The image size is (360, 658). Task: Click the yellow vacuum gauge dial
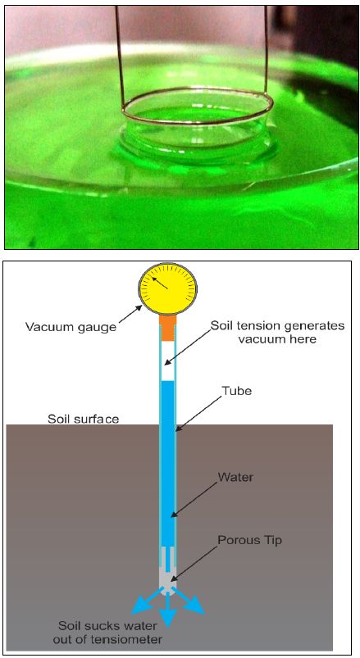coord(167,288)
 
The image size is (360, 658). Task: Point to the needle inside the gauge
coord(160,283)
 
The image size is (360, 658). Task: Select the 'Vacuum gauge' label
coord(71,326)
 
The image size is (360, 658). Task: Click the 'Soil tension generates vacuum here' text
coord(278,332)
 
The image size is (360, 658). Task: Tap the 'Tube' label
coord(237,391)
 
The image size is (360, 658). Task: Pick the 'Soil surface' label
coord(83,419)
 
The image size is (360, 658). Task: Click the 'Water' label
coord(235,477)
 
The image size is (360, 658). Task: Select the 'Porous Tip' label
coord(249,540)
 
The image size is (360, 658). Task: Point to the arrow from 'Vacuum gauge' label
coord(131,313)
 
